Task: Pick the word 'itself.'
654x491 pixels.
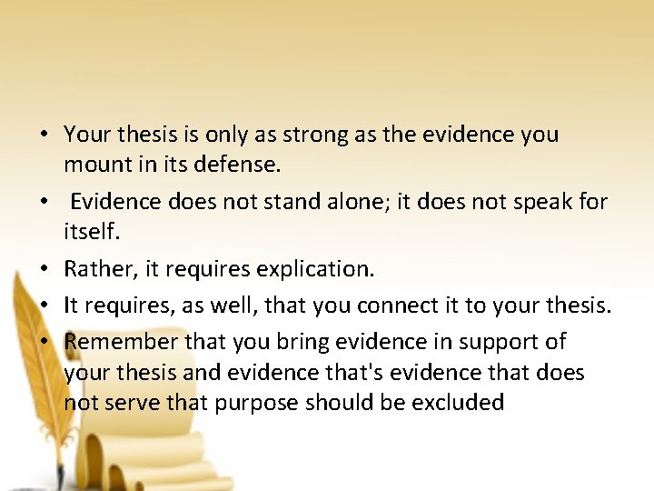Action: (91, 233)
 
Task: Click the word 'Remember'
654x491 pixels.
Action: (122, 342)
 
